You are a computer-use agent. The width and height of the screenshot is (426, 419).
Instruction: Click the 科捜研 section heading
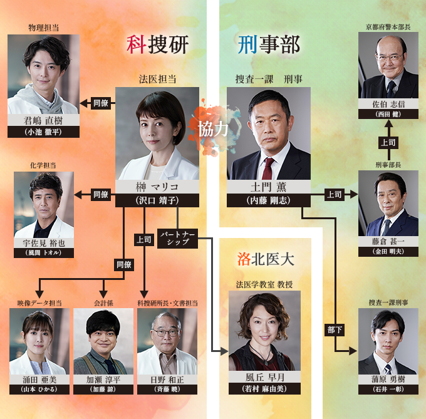tap(157, 45)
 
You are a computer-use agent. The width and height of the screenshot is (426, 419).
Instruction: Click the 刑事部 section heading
tap(269, 45)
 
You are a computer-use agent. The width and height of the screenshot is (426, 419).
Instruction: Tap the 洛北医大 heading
tap(266, 259)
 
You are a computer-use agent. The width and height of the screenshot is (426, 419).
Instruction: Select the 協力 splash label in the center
tap(213, 129)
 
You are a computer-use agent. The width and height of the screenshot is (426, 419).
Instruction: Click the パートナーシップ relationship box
tap(178, 238)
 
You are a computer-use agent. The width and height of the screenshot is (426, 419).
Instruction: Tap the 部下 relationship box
tap(335, 330)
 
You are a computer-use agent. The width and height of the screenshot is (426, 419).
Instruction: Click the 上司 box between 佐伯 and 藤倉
tap(388, 143)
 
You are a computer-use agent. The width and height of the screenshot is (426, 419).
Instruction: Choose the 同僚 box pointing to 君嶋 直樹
tap(101, 103)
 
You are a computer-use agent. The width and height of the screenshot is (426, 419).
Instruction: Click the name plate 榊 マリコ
tap(157, 187)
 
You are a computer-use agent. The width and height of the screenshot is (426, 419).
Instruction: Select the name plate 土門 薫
tap(268, 187)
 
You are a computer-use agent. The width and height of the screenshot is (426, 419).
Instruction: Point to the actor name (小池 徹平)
tap(43, 132)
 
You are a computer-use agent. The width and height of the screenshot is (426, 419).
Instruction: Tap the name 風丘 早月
tap(264, 377)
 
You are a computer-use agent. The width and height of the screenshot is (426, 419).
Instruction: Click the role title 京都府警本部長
tap(388, 27)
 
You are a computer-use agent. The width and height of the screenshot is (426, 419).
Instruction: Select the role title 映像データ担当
tap(39, 303)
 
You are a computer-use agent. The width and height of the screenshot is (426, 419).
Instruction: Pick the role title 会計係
tap(103, 303)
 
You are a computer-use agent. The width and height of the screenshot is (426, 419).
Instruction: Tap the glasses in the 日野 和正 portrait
tap(166, 333)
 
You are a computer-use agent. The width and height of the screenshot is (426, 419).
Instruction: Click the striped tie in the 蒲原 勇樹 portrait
tap(388, 370)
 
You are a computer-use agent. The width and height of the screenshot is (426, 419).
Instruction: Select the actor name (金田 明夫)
tap(388, 251)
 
